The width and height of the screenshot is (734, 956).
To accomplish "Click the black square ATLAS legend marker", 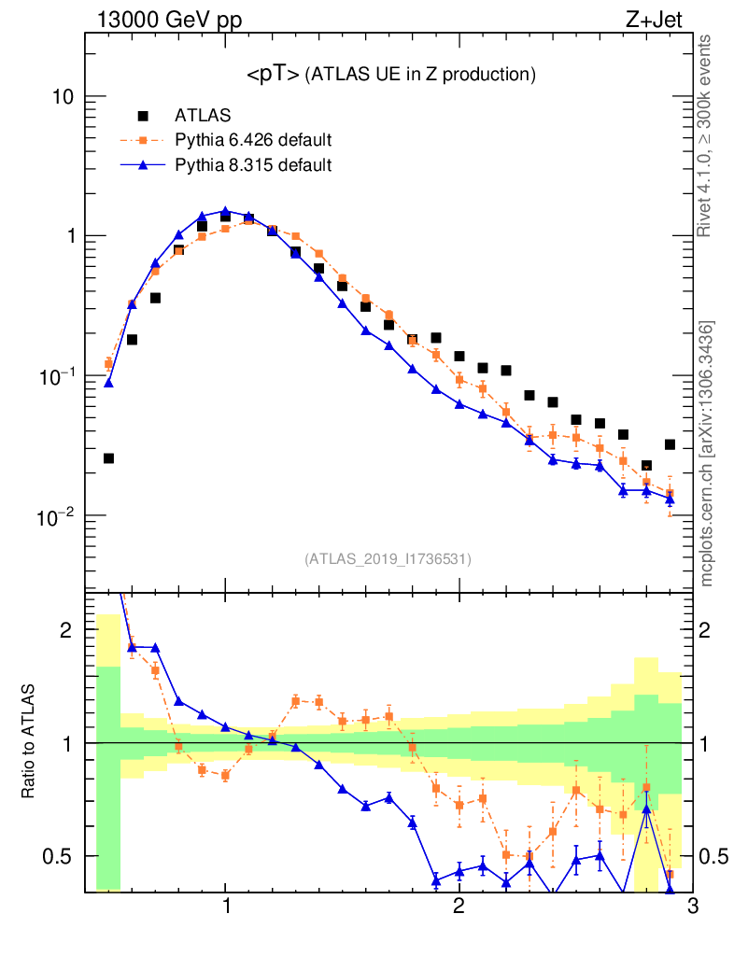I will [143, 116].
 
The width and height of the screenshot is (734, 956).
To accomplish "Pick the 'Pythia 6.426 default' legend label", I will [253, 141].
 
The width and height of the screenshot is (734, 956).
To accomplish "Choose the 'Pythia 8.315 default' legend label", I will [253, 165].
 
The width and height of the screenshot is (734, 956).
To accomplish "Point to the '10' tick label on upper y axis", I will [61, 97].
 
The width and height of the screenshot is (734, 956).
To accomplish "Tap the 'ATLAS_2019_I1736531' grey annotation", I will [388, 559].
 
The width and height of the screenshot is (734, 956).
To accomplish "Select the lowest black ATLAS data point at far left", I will [108, 458].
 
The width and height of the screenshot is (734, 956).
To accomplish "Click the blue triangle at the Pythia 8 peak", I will [225, 211].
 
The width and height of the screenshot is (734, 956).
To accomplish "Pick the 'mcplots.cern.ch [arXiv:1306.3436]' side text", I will [707, 454].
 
